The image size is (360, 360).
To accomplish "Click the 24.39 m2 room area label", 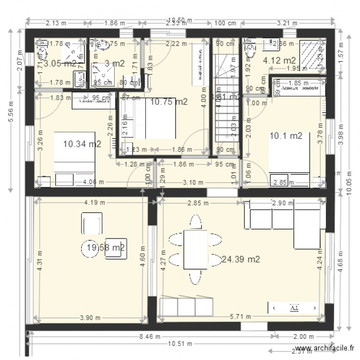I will pos(241,259).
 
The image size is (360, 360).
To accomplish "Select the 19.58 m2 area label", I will pos(106,247).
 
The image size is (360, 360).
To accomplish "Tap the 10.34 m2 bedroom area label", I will pos(82,143).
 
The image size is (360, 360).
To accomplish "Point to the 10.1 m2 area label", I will pos(286,136).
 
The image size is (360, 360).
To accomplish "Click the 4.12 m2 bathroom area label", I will pos(279,60).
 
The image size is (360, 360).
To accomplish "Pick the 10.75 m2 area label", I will pos(168,102).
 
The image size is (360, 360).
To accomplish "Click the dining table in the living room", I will pos(195,250).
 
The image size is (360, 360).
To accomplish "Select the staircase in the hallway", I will pos(225,101).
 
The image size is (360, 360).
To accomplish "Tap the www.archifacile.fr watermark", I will pos(325,349).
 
